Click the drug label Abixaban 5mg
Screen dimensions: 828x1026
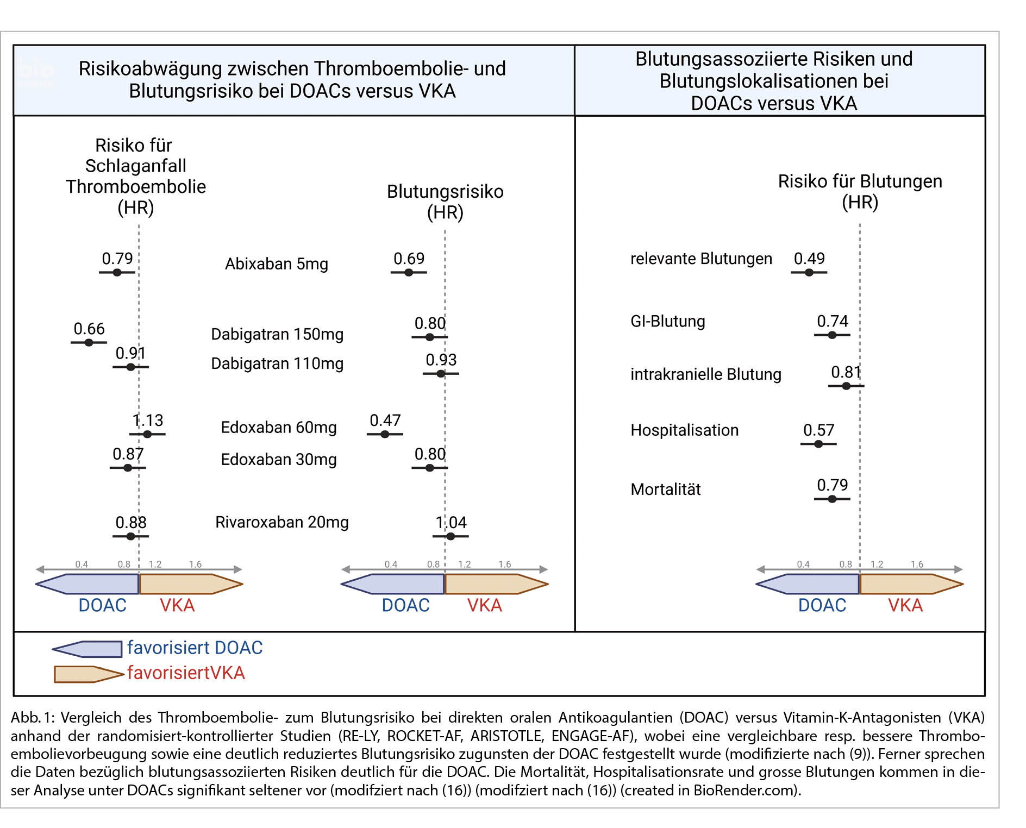coord(276,264)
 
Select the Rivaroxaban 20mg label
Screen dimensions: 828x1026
coord(281,522)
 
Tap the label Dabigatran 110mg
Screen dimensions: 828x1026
coord(277,363)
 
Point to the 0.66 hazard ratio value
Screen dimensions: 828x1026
coord(89,329)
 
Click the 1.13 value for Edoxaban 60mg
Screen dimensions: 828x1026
coord(148,421)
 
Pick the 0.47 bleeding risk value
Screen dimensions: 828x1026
coord(385,421)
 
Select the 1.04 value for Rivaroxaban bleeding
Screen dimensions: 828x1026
coord(451,523)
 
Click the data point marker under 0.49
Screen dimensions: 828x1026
coord(809,272)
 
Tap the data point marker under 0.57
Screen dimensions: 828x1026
coord(818,444)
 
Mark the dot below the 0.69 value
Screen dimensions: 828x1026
coord(409,272)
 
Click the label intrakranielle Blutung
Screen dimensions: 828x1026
coord(705,374)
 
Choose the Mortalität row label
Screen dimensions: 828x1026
coord(665,490)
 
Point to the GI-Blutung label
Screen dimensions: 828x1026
coord(667,322)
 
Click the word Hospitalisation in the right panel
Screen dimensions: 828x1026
coord(684,430)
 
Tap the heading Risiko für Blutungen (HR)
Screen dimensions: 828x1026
coord(860,191)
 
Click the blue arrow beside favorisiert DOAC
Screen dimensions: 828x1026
coord(87,649)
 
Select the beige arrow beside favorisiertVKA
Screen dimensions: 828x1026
coord(88,674)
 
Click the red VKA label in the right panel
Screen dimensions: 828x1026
coord(905,605)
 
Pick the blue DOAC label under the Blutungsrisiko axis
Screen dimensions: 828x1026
coord(405,605)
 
